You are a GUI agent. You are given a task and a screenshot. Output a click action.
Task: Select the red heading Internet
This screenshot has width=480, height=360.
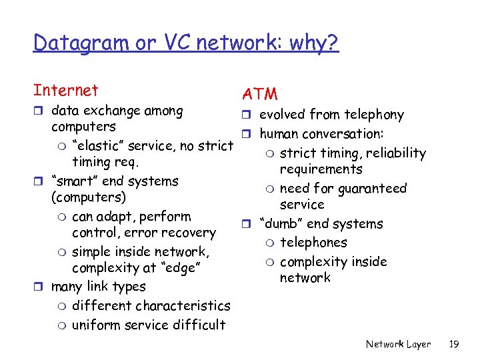(x=65, y=91)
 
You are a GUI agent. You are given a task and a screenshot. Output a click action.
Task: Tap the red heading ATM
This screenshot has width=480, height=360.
(x=260, y=95)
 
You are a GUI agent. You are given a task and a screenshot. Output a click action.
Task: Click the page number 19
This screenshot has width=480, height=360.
(x=455, y=344)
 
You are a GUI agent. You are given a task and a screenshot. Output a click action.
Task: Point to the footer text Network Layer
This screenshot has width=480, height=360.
(x=398, y=344)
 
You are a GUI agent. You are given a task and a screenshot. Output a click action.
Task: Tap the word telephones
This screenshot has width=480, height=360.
(x=313, y=243)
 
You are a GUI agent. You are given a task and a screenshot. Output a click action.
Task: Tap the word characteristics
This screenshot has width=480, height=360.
(x=183, y=305)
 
